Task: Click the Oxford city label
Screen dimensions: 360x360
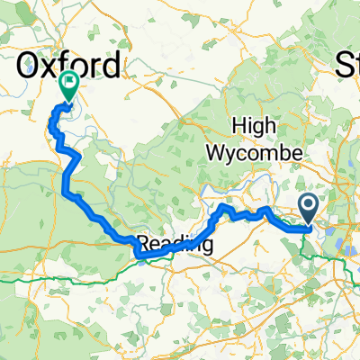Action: pos(69,65)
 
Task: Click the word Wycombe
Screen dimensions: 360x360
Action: pos(256,153)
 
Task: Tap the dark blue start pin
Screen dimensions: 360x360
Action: pos(309,210)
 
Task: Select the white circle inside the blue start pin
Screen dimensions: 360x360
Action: pos(309,207)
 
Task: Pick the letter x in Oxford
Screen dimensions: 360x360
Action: pos(55,67)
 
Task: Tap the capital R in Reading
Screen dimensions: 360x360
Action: pos(143,245)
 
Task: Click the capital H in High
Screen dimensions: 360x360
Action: pos(238,126)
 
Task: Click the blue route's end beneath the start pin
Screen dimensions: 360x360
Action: pos(309,229)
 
